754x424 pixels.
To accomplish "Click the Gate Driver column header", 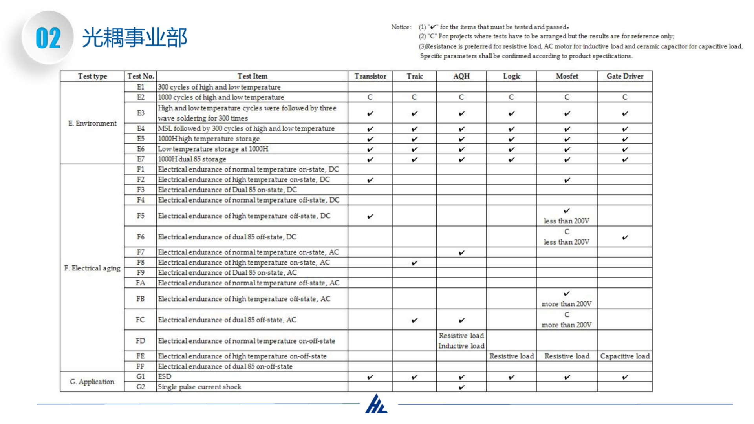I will tap(624, 76).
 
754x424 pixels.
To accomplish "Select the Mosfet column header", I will tap(567, 76).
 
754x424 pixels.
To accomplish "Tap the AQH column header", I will tap(461, 76).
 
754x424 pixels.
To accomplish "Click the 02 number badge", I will tap(48, 38).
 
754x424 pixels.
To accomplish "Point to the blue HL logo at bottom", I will tap(376, 404).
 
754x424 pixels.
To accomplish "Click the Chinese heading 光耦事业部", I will tap(134, 38).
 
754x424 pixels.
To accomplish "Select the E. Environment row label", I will tap(92, 123).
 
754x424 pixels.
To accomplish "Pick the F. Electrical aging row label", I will tap(92, 268).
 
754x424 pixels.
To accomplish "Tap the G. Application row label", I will tap(92, 382).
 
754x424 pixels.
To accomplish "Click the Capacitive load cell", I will tap(624, 356).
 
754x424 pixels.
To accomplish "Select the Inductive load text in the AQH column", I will tap(461, 346).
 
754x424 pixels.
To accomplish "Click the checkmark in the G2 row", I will tap(461, 387).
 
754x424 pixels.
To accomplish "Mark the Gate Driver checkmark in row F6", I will tap(625, 237).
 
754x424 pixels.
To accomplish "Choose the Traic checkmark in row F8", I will tap(414, 263).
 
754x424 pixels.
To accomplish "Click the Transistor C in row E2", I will tap(370, 97).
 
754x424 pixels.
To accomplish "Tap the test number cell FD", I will tap(140, 341).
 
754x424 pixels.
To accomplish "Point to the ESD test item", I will tap(165, 376).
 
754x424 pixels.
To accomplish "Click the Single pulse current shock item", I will tap(199, 387).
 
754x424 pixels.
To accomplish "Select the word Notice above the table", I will tap(401, 27).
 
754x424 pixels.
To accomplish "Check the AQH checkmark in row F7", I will tap(461, 252).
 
